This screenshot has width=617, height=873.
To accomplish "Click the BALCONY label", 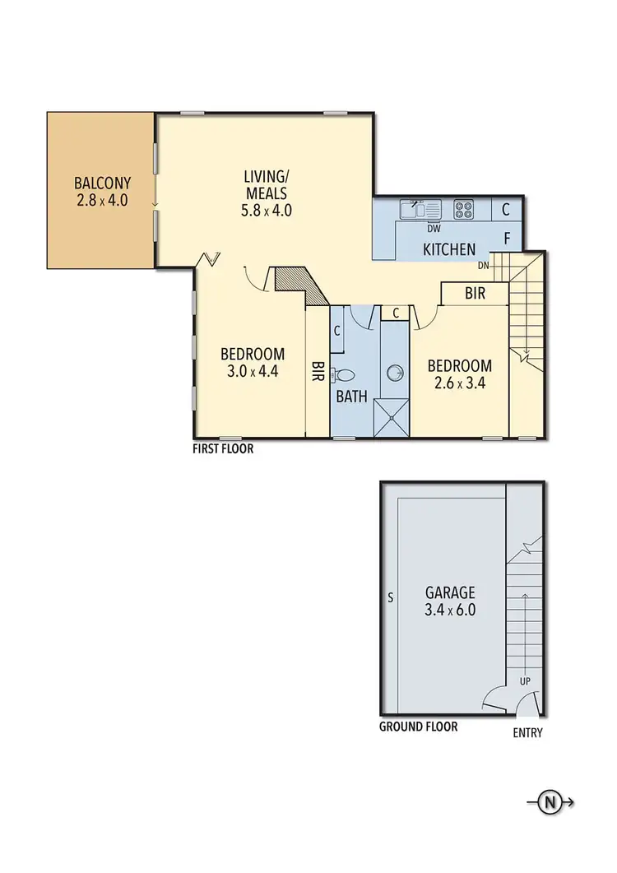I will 102,183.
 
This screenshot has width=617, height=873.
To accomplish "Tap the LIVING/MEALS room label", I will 265,176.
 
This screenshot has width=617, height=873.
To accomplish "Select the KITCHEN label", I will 449,249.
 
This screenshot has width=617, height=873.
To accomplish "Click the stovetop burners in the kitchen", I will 463,209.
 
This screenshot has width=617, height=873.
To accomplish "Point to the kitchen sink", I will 411,209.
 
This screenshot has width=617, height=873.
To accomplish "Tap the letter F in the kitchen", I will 508,239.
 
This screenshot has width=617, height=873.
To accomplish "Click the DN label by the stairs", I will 485,265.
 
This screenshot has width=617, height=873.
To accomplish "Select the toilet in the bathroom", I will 344,375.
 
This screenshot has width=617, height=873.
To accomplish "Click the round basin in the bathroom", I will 396,374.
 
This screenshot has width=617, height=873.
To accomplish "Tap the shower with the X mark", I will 392,416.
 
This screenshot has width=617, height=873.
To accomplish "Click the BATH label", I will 351,397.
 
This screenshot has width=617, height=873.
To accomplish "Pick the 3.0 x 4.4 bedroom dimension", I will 253,371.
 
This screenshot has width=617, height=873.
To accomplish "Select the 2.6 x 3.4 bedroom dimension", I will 459,383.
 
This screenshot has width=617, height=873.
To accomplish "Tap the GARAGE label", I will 451,592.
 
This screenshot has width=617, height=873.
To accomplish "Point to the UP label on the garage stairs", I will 523,681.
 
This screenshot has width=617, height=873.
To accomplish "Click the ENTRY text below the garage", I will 527,733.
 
